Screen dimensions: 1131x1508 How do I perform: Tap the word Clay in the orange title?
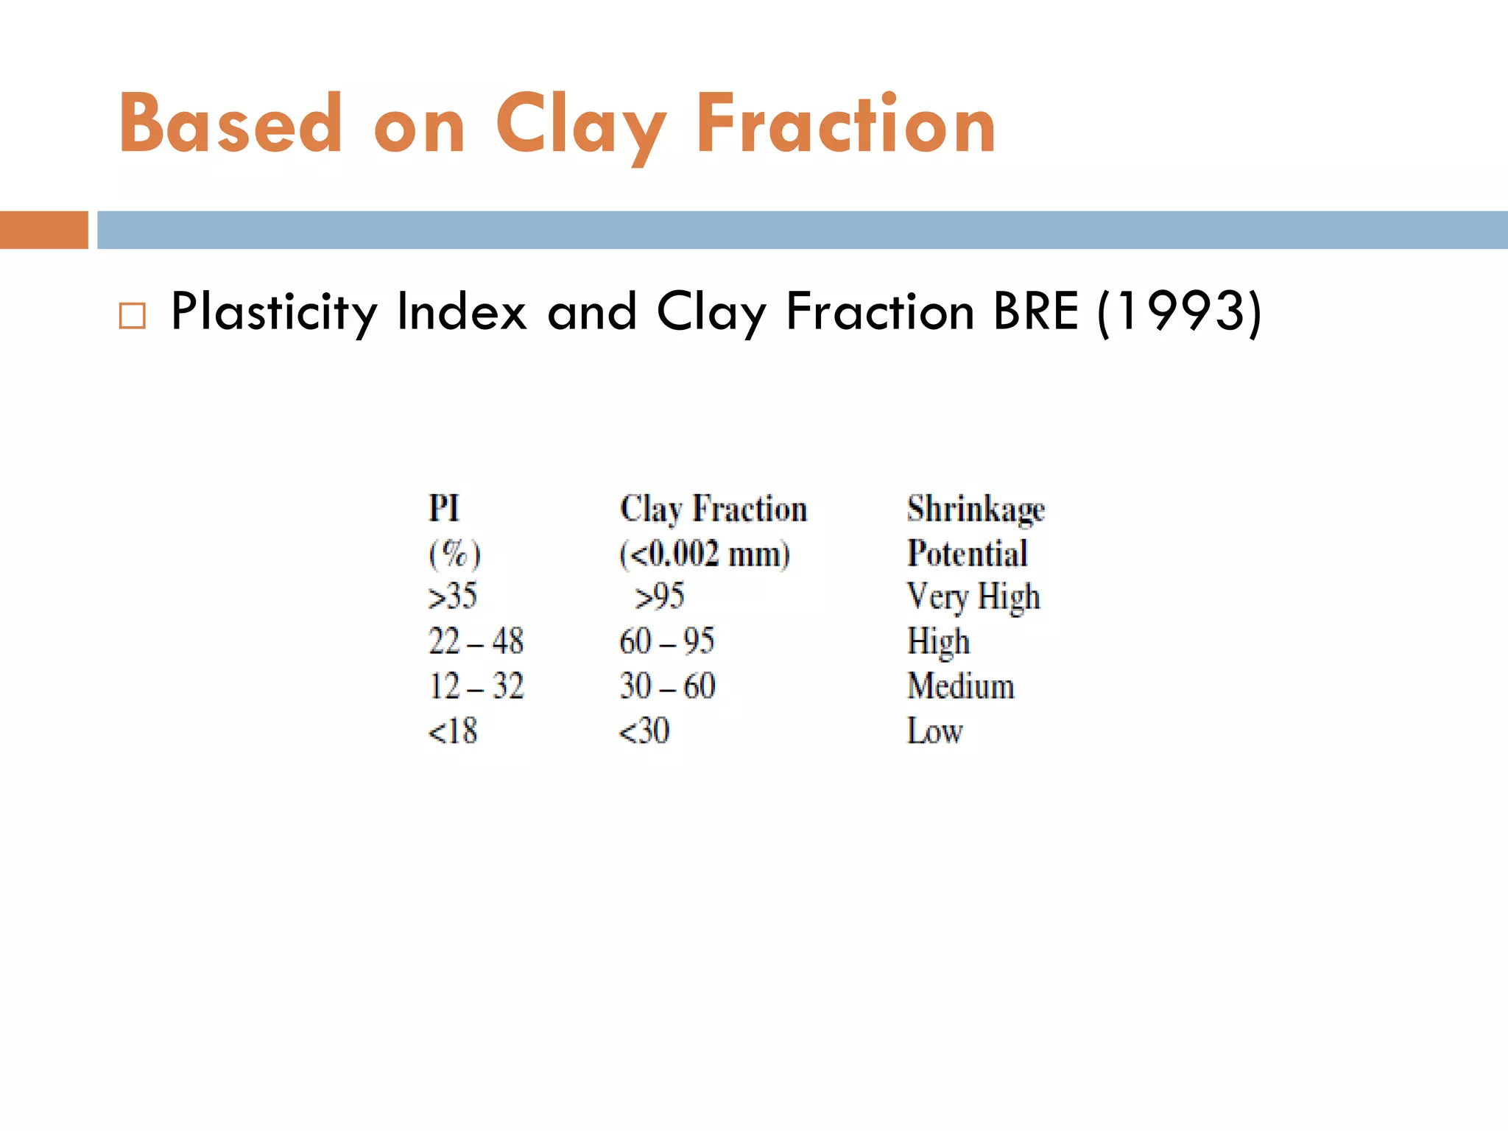[x=581, y=127]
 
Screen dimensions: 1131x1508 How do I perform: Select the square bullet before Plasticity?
[x=133, y=316]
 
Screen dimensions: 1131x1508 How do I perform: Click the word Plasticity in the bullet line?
[x=274, y=312]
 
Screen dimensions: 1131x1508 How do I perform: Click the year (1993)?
[x=1180, y=312]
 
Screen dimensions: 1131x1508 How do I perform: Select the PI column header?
[x=444, y=509]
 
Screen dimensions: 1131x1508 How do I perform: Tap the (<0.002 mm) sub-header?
[x=705, y=554]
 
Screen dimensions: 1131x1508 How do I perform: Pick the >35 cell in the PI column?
[x=453, y=596]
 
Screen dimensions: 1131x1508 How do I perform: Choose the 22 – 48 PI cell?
[x=476, y=641]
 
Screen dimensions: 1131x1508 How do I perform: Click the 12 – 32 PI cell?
[x=476, y=686]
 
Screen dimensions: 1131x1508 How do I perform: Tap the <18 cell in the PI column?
[x=453, y=731]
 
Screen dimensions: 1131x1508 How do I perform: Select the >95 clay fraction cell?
[x=660, y=596]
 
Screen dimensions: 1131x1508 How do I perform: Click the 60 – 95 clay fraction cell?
[x=667, y=641]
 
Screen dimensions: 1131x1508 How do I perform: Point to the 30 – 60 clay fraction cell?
[x=667, y=686]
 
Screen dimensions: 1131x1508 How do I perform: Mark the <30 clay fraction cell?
[x=644, y=731]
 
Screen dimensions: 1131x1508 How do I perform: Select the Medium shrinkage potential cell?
[x=961, y=686]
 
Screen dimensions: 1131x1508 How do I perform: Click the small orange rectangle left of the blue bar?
[x=43, y=230]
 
